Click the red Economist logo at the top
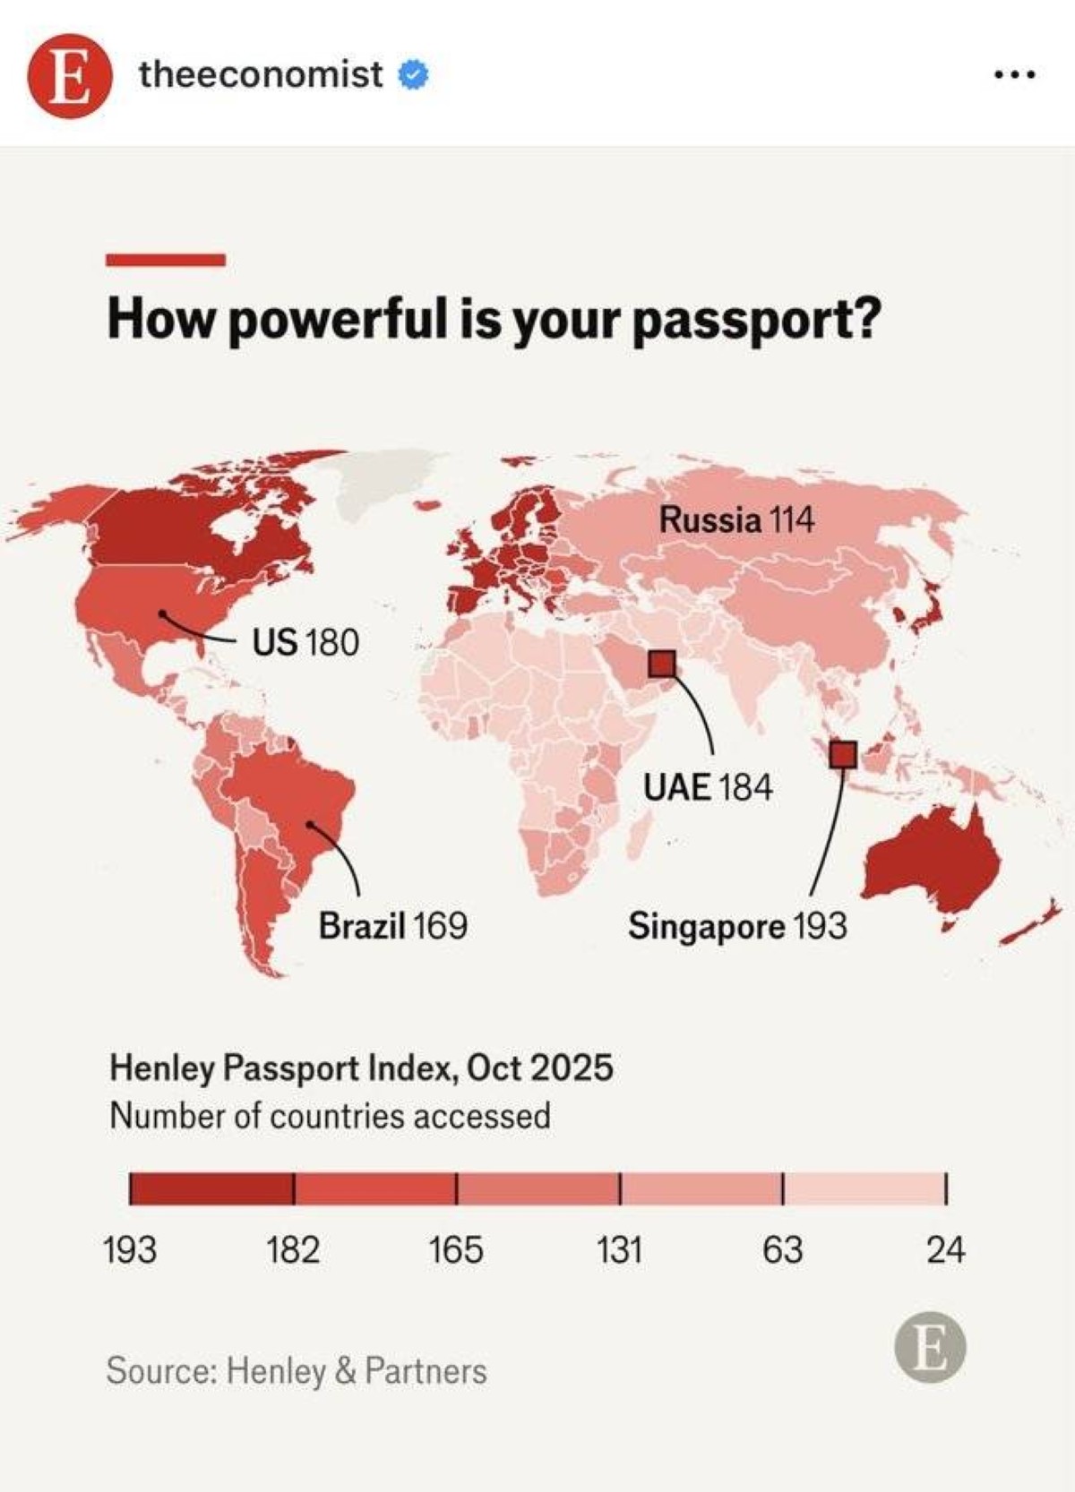click(x=70, y=75)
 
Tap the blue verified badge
click(x=413, y=75)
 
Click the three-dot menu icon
click(x=1015, y=75)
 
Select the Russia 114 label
click(x=736, y=519)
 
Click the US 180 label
click(x=305, y=642)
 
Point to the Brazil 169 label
click(x=392, y=925)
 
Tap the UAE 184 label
click(x=708, y=787)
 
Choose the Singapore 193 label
click(x=736, y=925)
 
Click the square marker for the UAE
click(x=662, y=664)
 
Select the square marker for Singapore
click(x=842, y=754)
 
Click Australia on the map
click(x=932, y=860)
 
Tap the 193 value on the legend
click(x=130, y=1249)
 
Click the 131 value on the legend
click(x=619, y=1249)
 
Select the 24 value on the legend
click(x=945, y=1249)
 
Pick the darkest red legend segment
click(x=211, y=1188)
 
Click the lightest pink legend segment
click(x=864, y=1188)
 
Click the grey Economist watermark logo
click(x=930, y=1349)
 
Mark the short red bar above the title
click(x=166, y=260)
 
